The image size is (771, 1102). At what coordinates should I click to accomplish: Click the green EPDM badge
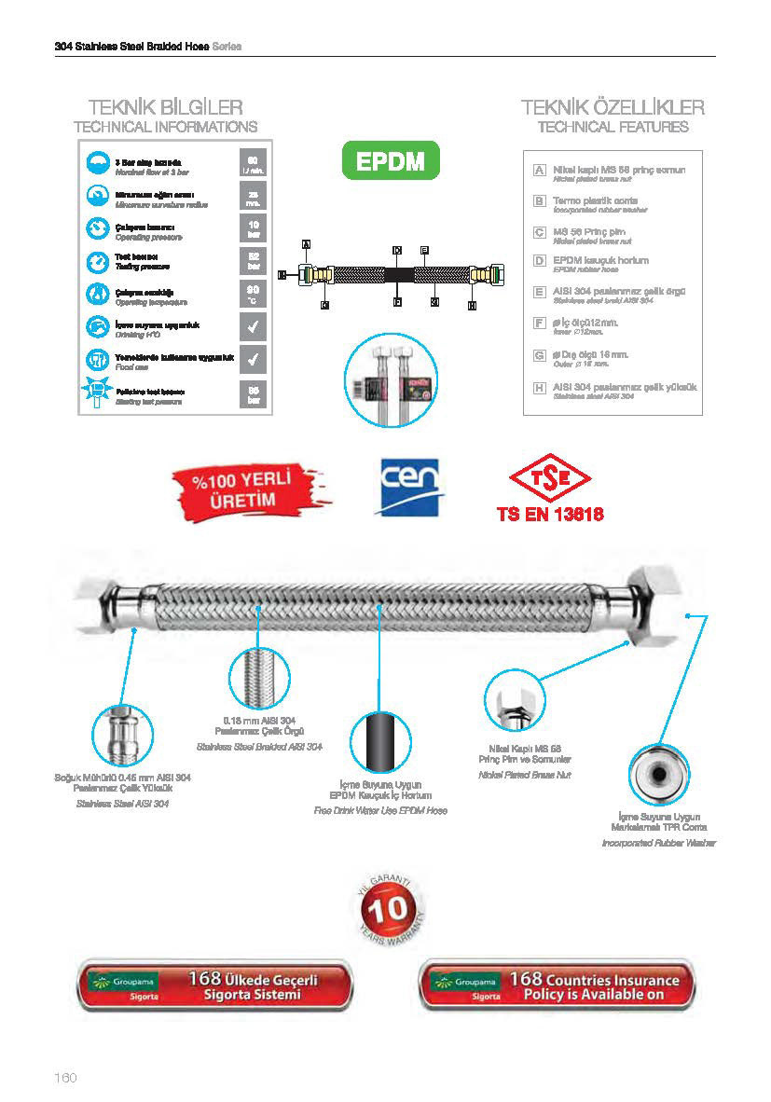click(x=390, y=161)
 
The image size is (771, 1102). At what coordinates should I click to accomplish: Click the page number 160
click(x=64, y=1078)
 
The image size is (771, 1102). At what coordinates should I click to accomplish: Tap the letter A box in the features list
click(x=539, y=171)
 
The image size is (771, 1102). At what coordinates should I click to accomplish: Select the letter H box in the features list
click(x=539, y=387)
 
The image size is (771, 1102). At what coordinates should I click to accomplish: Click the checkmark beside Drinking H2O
click(x=254, y=327)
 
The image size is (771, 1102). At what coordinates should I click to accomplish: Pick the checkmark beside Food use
click(x=254, y=359)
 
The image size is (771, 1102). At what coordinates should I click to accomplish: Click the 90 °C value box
click(x=254, y=295)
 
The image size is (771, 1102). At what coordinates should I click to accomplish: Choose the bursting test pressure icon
click(x=97, y=393)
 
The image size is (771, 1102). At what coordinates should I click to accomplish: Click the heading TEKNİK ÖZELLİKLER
click(x=613, y=107)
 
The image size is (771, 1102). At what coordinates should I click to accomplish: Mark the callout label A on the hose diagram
click(x=306, y=244)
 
